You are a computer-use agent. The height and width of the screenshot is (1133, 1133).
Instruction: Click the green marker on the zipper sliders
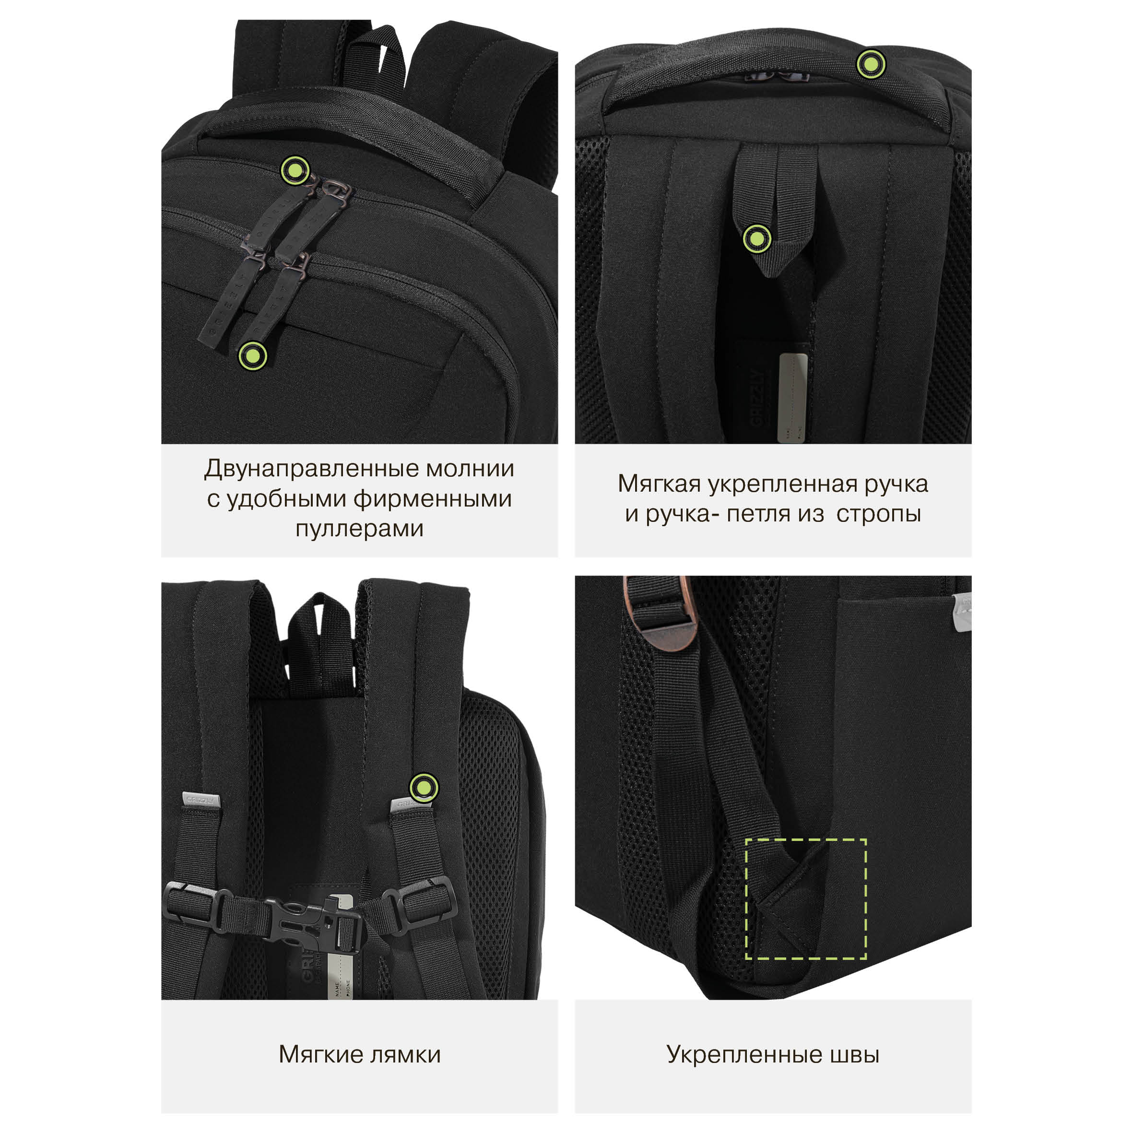pyautogui.click(x=295, y=171)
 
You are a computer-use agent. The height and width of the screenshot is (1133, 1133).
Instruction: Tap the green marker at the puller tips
pyautogui.click(x=252, y=355)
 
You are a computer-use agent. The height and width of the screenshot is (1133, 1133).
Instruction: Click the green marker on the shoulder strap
pyautogui.click(x=424, y=787)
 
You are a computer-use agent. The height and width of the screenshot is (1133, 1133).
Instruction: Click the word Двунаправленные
pyautogui.click(x=311, y=469)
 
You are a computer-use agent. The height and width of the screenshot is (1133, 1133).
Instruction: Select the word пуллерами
pyautogui.click(x=359, y=529)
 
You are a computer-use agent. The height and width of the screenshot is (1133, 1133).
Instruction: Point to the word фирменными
pyautogui.click(x=433, y=498)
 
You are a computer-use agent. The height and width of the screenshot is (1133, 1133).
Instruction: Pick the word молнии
pyautogui.click(x=470, y=469)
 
